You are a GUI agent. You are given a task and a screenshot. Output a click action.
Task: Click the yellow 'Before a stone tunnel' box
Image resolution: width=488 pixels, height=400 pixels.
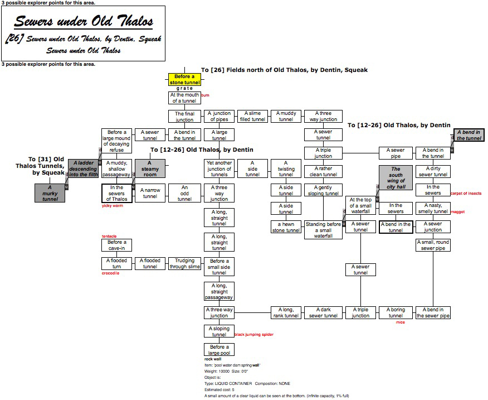click(184, 80)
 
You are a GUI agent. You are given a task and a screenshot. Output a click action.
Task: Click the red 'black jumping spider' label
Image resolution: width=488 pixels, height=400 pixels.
click(255, 335)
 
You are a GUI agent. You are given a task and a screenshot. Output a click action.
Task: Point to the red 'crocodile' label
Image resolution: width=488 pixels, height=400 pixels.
click(110, 273)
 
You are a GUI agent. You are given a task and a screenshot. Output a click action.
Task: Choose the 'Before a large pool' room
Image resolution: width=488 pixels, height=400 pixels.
click(219, 350)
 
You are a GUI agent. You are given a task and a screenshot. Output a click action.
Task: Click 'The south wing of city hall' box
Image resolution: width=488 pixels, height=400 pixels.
click(396, 177)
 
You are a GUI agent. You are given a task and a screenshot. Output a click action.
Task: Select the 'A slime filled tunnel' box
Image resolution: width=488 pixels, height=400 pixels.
click(252, 116)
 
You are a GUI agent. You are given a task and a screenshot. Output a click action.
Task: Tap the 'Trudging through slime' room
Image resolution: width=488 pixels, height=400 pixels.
click(184, 264)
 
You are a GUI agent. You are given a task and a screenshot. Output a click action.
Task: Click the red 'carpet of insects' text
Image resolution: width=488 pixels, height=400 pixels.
click(466, 194)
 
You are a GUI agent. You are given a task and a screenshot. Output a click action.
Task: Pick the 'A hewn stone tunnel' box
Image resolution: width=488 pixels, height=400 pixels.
click(286, 226)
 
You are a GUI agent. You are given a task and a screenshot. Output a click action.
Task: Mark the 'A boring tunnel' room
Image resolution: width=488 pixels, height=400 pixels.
click(396, 313)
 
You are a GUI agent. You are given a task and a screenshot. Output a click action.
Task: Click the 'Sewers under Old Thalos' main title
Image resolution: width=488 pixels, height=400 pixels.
click(83, 22)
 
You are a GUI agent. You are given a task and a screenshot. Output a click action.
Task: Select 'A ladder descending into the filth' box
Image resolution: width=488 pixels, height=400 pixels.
click(83, 168)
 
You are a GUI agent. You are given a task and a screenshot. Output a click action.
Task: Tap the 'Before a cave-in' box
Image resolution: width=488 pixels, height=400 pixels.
click(116, 245)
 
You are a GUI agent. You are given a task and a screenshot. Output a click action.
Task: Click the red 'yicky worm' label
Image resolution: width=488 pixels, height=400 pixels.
click(111, 206)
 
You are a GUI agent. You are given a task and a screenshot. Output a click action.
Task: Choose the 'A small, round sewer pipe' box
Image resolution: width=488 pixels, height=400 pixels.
click(433, 245)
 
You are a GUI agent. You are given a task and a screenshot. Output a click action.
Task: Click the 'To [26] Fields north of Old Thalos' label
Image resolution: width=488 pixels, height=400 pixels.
click(284, 70)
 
